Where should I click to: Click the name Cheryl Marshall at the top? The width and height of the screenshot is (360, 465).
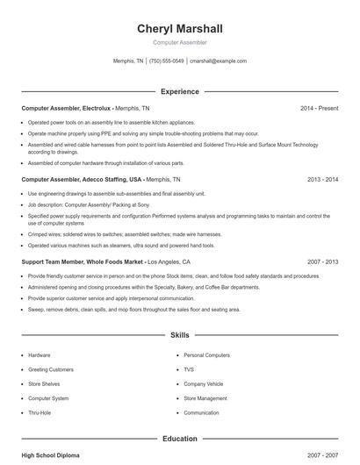point(179,29)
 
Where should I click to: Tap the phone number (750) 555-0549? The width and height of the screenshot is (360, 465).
point(167,61)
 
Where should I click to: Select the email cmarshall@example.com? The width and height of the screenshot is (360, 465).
point(218,61)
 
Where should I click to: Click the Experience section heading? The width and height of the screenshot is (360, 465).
point(179,91)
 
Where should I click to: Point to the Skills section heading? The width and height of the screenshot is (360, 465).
point(179,335)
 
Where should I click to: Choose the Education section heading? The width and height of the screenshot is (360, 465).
point(179,439)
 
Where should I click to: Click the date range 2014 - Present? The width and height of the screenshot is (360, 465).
point(319,108)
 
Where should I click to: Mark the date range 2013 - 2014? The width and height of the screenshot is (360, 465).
point(322,179)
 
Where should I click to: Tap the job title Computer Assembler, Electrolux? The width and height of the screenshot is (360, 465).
point(66,108)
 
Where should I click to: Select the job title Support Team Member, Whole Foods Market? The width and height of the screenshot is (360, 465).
point(83,261)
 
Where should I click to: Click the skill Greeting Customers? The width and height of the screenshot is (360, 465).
point(51,369)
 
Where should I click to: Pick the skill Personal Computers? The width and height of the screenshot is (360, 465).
point(206,355)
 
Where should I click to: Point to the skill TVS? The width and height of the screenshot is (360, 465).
point(189,369)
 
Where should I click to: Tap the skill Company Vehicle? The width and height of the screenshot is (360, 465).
point(204,383)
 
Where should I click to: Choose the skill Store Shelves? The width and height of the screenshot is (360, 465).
point(44,383)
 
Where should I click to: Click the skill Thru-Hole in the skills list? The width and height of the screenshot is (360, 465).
point(40,412)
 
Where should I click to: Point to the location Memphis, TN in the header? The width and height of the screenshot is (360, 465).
point(128,61)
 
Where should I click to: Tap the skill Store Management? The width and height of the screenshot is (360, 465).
point(205,398)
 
